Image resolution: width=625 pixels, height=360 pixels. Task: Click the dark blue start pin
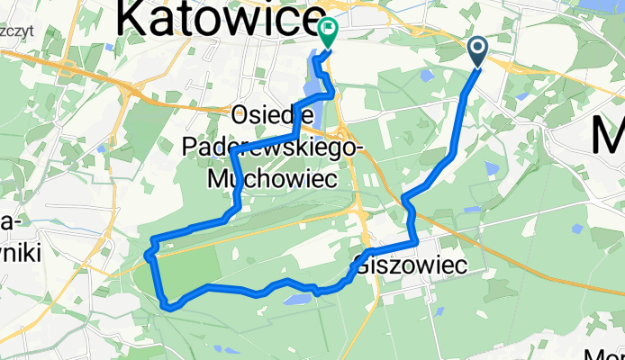[476, 52]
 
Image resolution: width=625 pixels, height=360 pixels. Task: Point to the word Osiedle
[272, 116]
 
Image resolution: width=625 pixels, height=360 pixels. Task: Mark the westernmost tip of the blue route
[147, 256]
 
